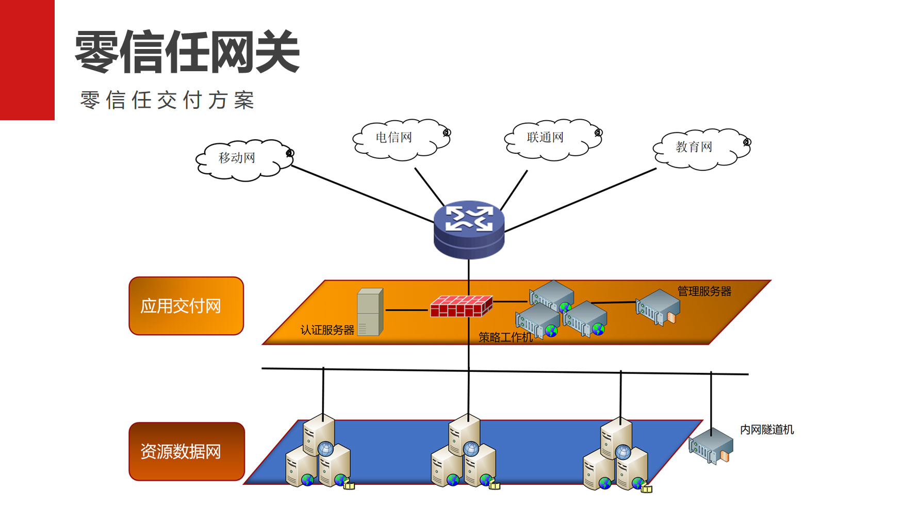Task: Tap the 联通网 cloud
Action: (x=550, y=138)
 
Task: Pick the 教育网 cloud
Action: (x=698, y=148)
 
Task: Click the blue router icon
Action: (x=469, y=229)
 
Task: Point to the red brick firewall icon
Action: (x=461, y=306)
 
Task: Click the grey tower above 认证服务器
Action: (x=370, y=312)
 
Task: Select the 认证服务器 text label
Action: (x=327, y=330)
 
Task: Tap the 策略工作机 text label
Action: (x=505, y=337)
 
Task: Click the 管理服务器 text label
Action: (x=704, y=291)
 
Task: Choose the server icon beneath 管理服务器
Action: (x=658, y=307)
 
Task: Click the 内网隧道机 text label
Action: (x=767, y=430)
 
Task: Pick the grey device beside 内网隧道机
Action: (x=711, y=445)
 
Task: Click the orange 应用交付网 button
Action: (x=186, y=306)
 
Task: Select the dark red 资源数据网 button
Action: (x=186, y=451)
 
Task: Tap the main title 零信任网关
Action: (x=187, y=52)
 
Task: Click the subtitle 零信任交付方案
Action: (x=168, y=100)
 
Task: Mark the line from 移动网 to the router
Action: (x=361, y=193)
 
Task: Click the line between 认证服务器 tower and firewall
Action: (x=407, y=310)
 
